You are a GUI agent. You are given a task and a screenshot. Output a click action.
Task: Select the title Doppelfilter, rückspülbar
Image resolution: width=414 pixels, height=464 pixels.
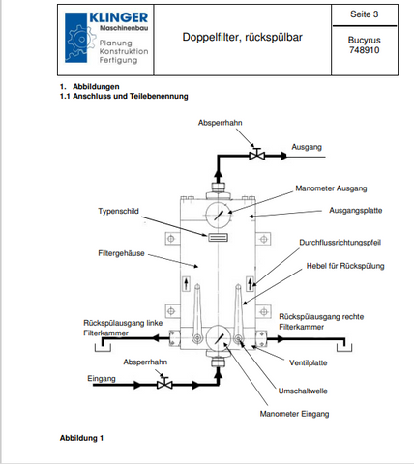pos(242,37)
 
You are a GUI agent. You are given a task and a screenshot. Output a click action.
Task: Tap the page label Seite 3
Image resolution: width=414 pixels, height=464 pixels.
pos(364,14)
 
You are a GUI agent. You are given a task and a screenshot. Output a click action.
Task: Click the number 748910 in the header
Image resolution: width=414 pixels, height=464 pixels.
pos(364,50)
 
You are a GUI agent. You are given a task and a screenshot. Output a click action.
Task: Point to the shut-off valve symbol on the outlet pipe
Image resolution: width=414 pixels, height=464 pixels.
pos(257,155)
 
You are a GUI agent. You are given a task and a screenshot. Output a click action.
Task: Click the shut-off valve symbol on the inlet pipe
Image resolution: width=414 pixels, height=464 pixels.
pos(164,383)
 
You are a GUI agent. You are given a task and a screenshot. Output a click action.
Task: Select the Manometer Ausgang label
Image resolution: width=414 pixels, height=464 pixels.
pos(331,188)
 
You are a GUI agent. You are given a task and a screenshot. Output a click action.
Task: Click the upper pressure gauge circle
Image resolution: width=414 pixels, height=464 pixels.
pos(219,215)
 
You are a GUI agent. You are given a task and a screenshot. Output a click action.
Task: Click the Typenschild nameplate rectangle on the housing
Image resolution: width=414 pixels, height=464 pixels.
pos(218,238)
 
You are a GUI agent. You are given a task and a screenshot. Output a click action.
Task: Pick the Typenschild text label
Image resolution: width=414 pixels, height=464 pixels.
pos(118,211)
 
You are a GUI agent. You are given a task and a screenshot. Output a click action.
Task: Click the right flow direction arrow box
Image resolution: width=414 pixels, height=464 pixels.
pos(251,284)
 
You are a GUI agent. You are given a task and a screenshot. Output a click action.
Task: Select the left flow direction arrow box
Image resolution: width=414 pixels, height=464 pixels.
pos(186,284)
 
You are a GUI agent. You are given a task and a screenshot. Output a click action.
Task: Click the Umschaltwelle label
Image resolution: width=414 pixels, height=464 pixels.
pos(303,391)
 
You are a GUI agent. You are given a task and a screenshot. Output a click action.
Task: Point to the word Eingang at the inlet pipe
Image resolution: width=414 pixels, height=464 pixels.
pos(102,379)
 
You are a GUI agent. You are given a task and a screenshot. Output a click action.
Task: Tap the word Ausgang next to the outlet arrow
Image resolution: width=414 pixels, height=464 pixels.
pos(307,147)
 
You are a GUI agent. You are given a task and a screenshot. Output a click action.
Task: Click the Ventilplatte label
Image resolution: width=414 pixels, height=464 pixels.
pos(309,363)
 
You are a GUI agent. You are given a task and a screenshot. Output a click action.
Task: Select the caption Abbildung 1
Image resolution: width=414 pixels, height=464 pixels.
pos(81,438)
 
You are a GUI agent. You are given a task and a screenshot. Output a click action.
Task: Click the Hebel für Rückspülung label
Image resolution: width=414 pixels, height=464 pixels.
pos(345,266)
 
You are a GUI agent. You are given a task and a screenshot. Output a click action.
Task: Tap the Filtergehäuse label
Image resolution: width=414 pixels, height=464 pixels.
pos(121,253)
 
